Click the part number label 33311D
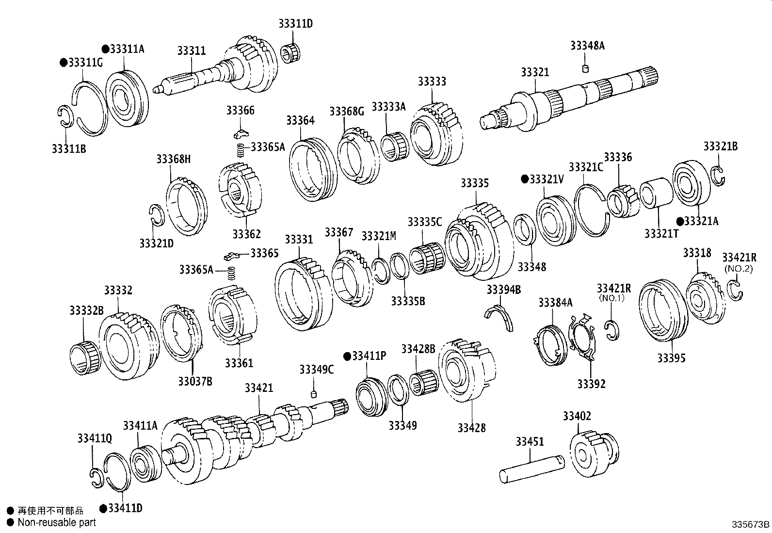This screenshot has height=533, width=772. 295,23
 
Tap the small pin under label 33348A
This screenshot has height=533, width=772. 585,68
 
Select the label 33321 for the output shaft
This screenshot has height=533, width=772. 535,72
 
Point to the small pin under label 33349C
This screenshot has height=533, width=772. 314,393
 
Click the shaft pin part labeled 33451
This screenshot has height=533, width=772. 532,468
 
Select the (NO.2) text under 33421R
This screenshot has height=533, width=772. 738,268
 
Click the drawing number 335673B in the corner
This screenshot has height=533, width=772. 751,524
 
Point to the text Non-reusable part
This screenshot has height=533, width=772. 56,522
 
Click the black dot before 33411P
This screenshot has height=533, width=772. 346,356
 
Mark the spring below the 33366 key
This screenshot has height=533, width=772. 240,150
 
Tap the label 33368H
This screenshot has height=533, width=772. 173,159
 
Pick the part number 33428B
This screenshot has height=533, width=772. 418,349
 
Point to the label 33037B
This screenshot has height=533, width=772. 195,381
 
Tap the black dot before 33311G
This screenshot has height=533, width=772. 63,63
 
